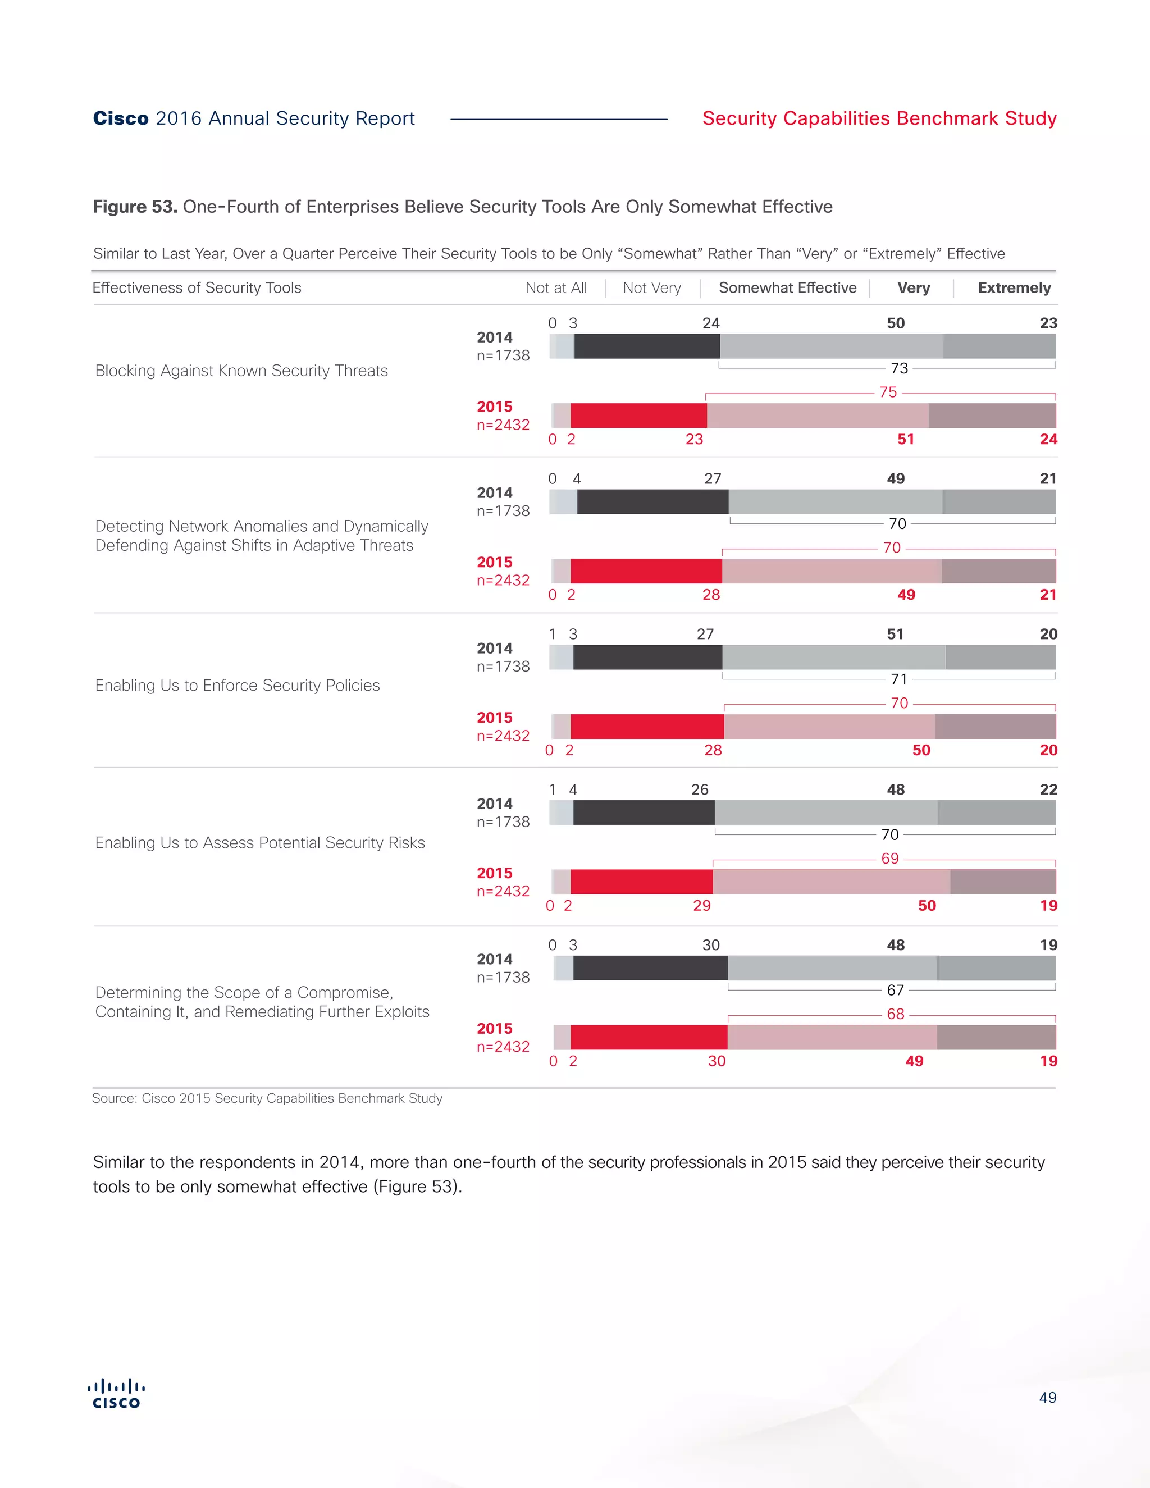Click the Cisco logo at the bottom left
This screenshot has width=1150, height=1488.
click(116, 1393)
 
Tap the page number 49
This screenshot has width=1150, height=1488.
click(1047, 1398)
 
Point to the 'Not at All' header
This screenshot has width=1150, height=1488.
click(556, 288)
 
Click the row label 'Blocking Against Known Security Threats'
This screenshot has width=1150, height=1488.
click(241, 371)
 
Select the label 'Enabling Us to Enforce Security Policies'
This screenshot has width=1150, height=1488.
click(237, 686)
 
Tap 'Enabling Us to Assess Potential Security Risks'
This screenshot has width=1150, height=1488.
click(259, 843)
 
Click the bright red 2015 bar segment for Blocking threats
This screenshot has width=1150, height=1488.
click(638, 416)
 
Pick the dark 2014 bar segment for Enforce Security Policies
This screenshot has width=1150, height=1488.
click(647, 658)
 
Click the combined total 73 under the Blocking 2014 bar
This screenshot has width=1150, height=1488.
click(900, 368)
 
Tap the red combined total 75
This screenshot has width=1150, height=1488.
click(888, 392)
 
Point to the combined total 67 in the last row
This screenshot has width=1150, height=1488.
click(895, 990)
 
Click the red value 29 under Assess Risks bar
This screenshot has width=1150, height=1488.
click(702, 906)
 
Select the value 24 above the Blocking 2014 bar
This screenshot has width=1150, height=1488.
click(710, 323)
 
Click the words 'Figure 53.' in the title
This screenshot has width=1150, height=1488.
click(135, 207)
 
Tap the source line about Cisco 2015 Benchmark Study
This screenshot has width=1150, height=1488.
click(267, 1098)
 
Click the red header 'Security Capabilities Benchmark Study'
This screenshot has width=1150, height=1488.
click(879, 118)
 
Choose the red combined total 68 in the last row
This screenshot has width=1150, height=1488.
click(895, 1014)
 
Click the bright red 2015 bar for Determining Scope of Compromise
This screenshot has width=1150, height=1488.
click(649, 1037)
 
